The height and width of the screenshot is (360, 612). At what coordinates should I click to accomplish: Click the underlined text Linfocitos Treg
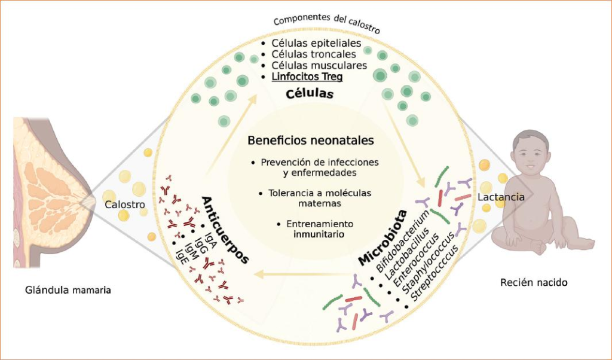coord(307,77)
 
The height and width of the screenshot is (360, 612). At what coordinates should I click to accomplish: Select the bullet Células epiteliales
coord(316,43)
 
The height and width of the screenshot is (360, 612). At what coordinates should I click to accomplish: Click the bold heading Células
coord(309,94)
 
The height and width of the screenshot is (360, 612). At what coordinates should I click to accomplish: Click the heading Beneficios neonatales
coord(311,141)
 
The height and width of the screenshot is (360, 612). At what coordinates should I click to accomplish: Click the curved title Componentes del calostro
coord(326,23)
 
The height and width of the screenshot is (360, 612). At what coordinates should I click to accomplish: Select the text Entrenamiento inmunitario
coord(311,229)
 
